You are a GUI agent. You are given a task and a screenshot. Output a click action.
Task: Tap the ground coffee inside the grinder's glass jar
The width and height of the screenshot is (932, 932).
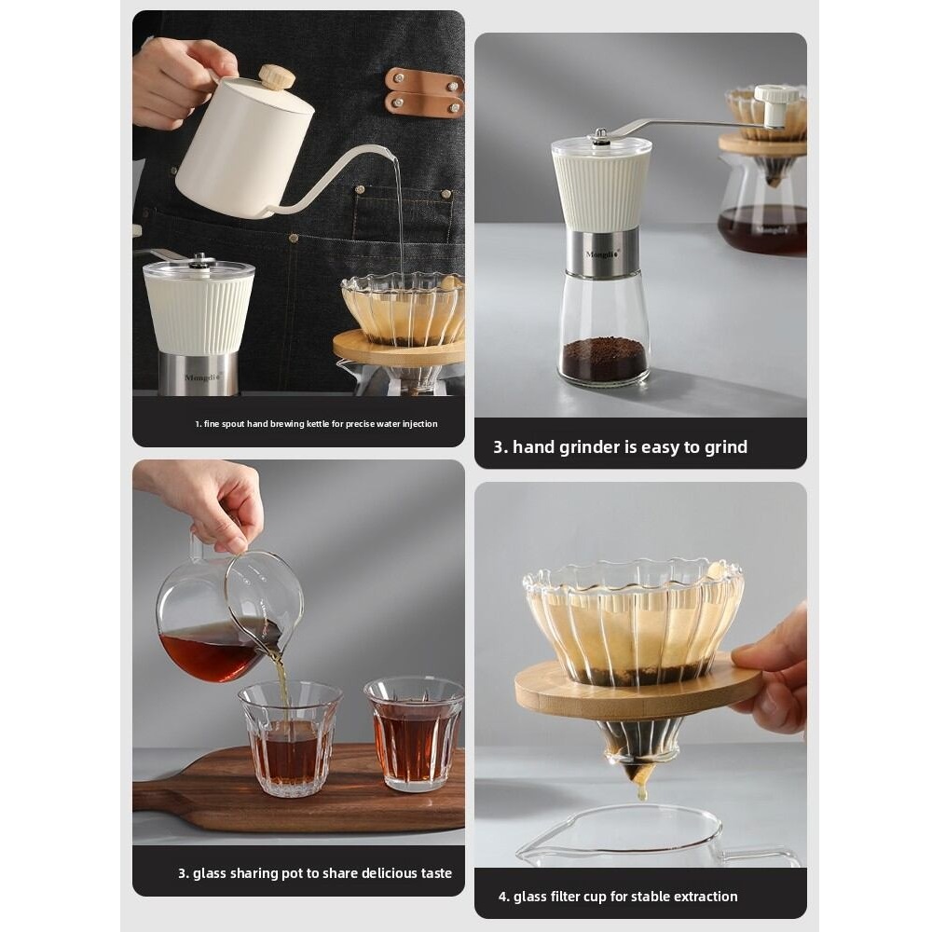click(603, 360)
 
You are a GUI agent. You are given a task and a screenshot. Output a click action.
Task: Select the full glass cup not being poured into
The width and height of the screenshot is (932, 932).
click(414, 732)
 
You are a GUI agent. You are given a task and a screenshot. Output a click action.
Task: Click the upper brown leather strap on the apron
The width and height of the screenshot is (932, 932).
click(424, 81)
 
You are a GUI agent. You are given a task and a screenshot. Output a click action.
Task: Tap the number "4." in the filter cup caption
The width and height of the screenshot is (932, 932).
click(504, 897)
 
